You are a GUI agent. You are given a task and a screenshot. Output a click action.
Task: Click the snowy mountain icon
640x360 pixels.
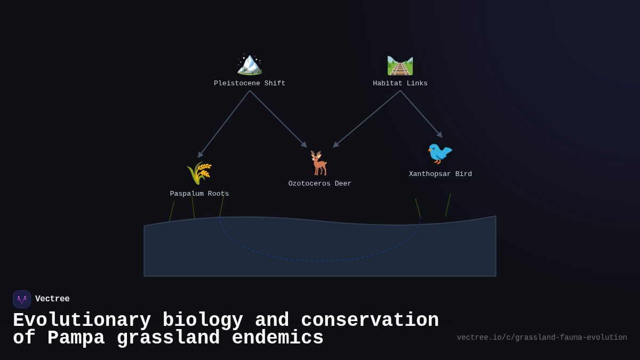250,64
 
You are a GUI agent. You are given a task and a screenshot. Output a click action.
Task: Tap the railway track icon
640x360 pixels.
400,65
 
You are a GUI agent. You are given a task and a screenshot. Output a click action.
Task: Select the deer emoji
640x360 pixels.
319,163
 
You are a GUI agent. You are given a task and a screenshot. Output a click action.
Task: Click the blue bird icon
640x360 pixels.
440,154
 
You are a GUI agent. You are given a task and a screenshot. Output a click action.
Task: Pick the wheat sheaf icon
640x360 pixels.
199,173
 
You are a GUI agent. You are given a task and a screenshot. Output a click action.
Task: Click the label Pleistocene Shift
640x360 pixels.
250,84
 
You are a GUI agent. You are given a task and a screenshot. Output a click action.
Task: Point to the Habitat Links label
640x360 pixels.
400,84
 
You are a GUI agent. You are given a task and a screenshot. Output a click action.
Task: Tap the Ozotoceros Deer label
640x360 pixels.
320,184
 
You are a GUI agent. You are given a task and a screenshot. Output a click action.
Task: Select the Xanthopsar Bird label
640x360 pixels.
441,174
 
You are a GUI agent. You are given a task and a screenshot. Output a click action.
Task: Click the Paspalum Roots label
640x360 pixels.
199,194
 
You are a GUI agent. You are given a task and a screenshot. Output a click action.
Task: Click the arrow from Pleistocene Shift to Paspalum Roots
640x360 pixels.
224,124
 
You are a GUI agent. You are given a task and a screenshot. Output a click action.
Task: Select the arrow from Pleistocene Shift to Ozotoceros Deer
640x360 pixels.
278,118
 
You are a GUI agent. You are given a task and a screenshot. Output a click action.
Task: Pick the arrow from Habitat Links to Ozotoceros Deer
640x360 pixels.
367,118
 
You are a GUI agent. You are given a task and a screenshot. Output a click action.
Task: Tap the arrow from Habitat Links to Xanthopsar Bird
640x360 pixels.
421,114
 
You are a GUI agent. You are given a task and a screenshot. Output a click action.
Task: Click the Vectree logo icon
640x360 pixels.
22,299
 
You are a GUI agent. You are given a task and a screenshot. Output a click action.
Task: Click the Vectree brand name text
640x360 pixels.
52,299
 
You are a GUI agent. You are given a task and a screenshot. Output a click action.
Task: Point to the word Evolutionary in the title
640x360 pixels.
82,321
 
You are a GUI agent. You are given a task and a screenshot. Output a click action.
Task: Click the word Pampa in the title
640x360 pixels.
76,338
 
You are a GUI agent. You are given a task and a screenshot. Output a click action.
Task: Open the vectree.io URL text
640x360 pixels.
542,338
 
